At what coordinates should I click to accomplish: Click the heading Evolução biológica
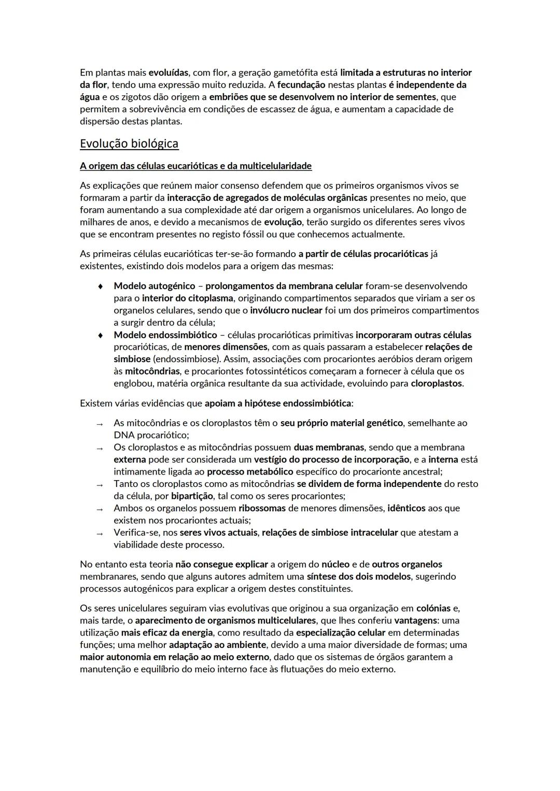[x=129, y=144]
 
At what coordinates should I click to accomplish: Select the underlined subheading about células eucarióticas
[x=195, y=166]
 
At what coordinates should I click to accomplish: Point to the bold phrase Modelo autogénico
[x=155, y=286]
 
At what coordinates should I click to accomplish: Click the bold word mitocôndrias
[x=152, y=371]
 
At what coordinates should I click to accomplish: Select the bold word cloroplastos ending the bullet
[x=437, y=384]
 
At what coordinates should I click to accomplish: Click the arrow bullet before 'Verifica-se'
[x=100, y=534]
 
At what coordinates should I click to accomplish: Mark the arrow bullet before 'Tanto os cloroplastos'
[x=100, y=485]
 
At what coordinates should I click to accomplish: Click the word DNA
[x=124, y=436]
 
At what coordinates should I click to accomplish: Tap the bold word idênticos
[x=407, y=508]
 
